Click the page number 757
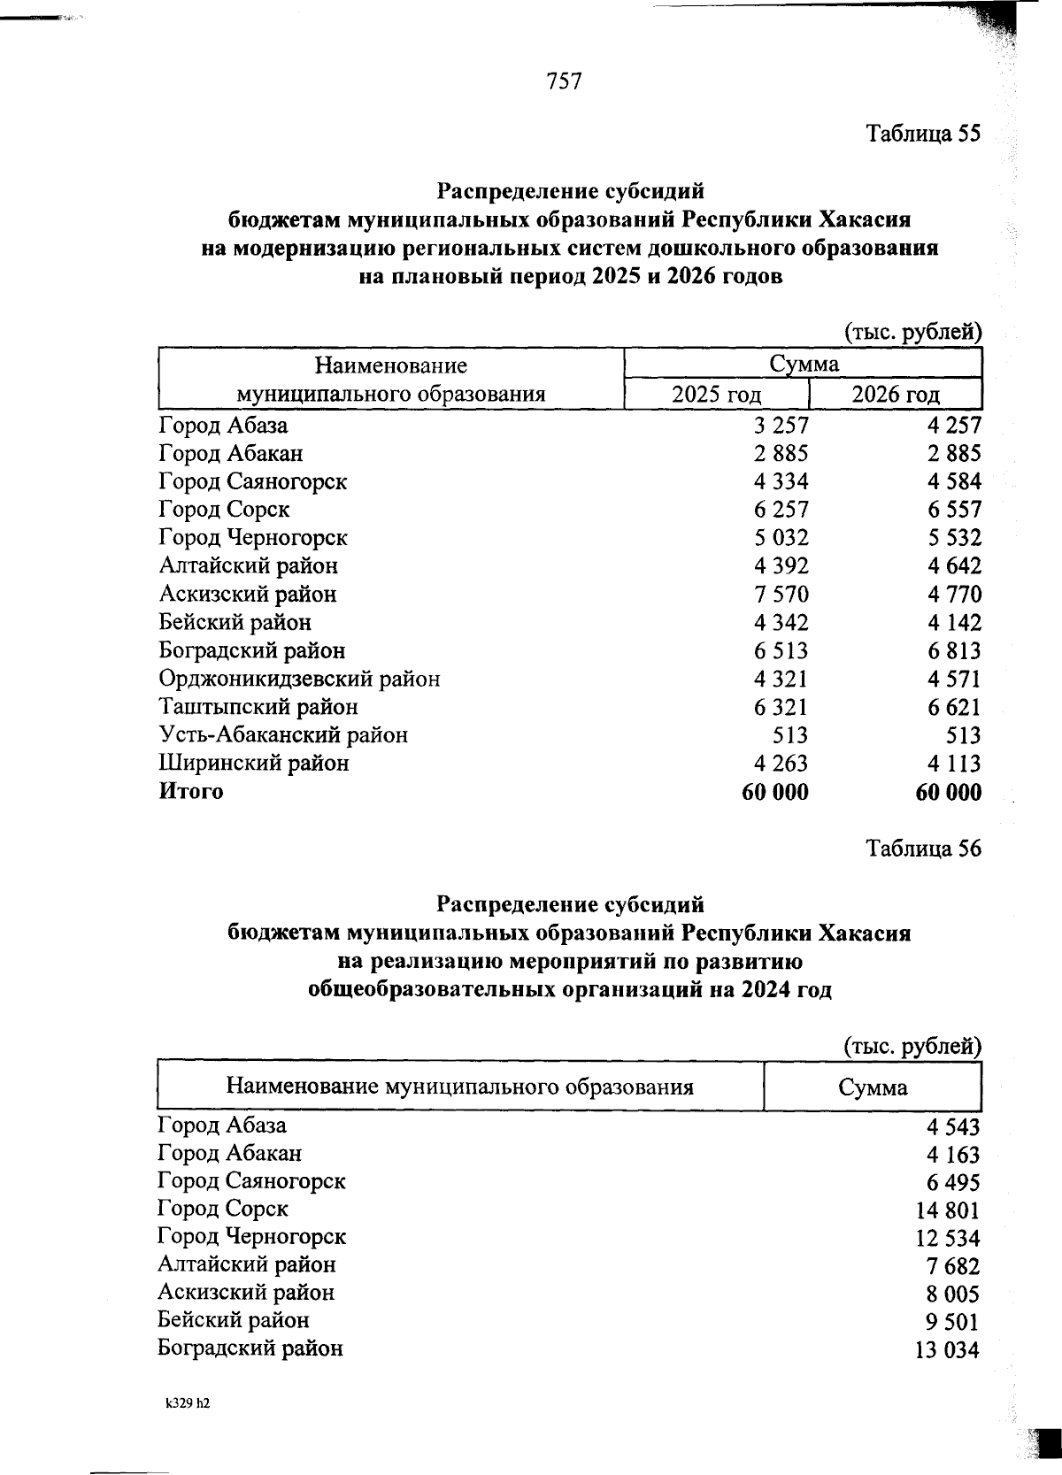tap(565, 81)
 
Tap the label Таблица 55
tap(923, 134)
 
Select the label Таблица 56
tap(923, 849)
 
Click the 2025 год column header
tap(716, 395)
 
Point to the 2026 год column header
tap(895, 395)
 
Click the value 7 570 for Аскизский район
tap(781, 595)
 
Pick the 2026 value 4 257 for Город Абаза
tap(954, 426)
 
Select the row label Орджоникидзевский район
tap(299, 679)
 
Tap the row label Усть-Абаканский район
tap(283, 735)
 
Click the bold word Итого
tap(191, 791)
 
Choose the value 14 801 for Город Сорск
tap(949, 1210)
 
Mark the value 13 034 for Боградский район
tap(947, 1351)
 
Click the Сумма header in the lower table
tap(873, 1087)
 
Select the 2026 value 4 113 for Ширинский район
tap(954, 764)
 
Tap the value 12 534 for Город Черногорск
tap(947, 1239)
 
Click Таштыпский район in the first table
tap(258, 707)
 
